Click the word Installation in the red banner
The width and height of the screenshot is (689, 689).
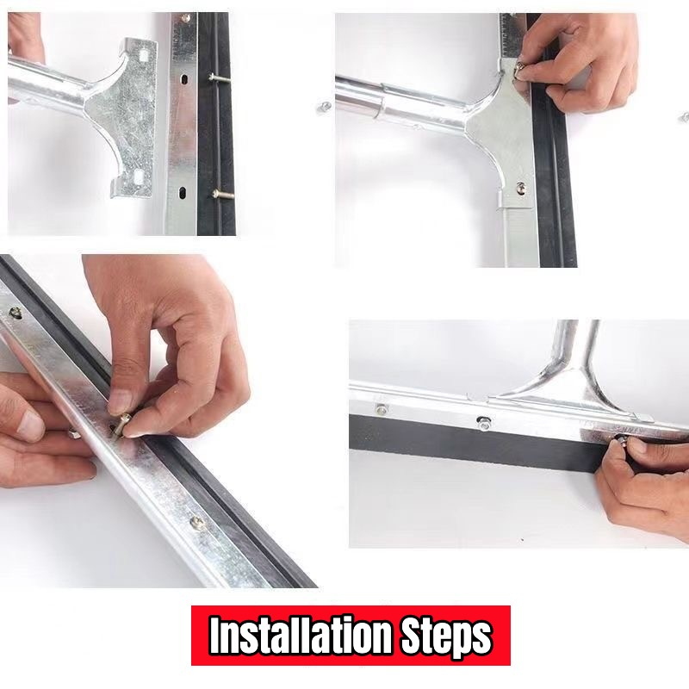click(x=300, y=636)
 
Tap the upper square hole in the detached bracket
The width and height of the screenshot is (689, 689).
click(x=143, y=56)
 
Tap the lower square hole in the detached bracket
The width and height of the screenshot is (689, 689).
click(x=139, y=177)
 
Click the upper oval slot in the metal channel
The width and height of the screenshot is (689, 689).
click(x=184, y=79)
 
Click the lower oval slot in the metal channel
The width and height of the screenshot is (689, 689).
click(x=183, y=192)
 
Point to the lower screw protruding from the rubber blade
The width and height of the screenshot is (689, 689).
click(x=223, y=193)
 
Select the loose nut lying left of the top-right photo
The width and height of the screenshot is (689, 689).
click(x=325, y=107)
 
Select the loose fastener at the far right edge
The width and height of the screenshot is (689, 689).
click(x=685, y=117)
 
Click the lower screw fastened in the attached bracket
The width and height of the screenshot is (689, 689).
click(x=521, y=188)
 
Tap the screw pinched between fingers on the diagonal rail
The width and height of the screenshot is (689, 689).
click(x=121, y=423)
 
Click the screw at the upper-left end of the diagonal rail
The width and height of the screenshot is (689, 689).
click(x=15, y=313)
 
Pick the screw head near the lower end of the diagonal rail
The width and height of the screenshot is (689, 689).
click(x=196, y=522)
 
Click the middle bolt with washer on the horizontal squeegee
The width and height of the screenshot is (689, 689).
click(x=484, y=424)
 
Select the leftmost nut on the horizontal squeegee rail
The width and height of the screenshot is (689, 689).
click(x=382, y=410)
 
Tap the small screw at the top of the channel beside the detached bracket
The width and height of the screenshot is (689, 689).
click(x=185, y=18)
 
